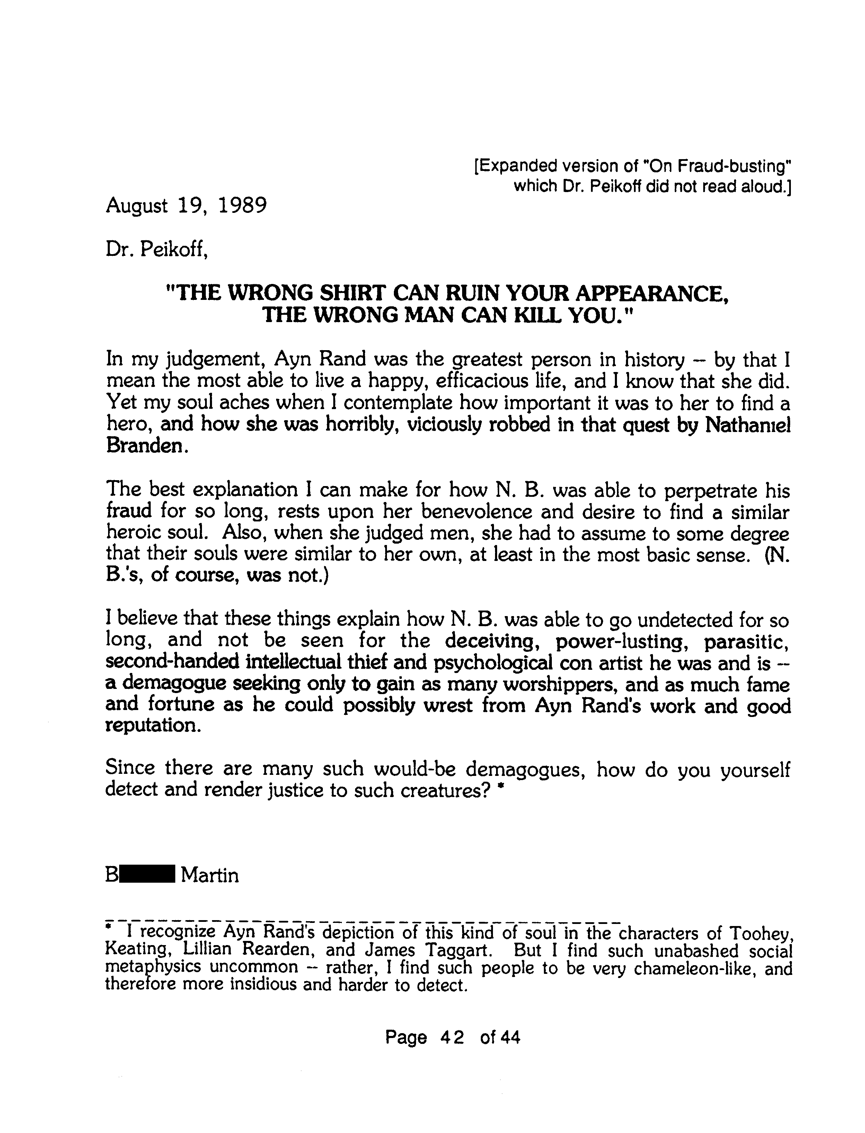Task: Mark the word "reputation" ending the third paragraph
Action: pyautogui.click(x=152, y=726)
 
